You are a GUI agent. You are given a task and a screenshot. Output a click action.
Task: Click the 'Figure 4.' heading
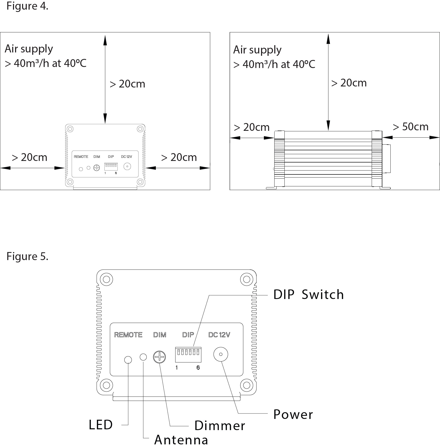(x=27, y=6)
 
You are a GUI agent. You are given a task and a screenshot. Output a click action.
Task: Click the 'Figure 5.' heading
(x=27, y=256)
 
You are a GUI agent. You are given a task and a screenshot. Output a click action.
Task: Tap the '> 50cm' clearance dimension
(x=410, y=127)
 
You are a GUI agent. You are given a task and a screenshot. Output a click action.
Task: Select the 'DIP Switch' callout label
(x=309, y=295)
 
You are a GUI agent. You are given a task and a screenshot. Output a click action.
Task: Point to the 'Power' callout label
(x=293, y=414)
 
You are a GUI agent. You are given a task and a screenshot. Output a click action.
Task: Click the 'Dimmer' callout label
(x=219, y=426)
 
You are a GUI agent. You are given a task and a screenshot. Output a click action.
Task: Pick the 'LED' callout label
(x=101, y=425)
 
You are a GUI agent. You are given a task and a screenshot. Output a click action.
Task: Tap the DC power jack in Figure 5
(x=221, y=354)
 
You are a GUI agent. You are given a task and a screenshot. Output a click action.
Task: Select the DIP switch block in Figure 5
(x=188, y=354)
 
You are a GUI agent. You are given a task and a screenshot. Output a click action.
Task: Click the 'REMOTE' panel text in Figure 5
(x=128, y=335)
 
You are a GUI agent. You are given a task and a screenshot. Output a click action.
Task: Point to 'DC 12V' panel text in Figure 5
(x=219, y=335)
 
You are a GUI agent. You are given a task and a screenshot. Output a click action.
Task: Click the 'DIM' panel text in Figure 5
(x=159, y=335)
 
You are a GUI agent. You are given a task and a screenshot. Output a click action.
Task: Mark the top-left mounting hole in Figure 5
(x=106, y=280)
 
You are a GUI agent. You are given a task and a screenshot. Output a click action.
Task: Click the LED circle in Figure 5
(x=128, y=360)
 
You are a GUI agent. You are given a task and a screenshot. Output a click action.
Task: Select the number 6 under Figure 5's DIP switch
(x=198, y=368)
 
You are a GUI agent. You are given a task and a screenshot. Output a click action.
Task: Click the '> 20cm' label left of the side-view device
(x=251, y=127)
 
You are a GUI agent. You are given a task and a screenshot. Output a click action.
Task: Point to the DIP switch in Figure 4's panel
(x=111, y=166)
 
